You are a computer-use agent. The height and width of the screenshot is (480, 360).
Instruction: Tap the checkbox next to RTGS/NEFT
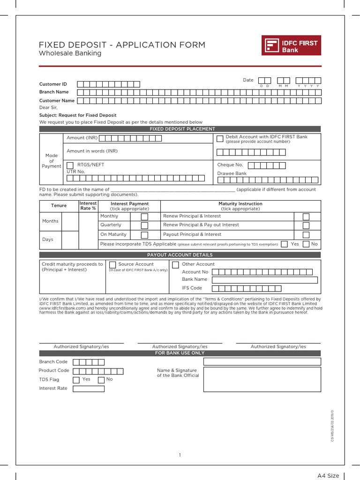coord(70,165)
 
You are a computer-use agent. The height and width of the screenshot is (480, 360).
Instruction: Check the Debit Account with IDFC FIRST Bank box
coord(220,138)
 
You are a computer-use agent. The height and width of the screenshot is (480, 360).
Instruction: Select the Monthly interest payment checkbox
coord(144,217)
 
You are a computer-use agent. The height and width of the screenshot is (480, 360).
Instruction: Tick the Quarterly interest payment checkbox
coord(144,225)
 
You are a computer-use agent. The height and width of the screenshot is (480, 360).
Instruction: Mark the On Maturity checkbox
coord(144,235)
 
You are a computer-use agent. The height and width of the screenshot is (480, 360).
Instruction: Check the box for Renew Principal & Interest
coord(306,217)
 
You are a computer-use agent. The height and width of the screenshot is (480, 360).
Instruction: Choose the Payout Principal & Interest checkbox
coord(306,235)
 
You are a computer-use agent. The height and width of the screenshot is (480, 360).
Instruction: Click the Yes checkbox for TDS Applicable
coord(284,244)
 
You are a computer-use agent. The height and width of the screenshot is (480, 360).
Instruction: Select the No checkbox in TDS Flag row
coord(101,380)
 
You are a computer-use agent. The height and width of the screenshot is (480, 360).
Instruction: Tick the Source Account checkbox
coord(112,265)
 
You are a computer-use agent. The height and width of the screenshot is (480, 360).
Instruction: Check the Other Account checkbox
coord(175,265)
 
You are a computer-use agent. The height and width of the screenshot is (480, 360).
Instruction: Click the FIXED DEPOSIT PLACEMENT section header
coord(180,129)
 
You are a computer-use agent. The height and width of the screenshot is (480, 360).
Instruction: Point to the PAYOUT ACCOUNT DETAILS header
coord(180,255)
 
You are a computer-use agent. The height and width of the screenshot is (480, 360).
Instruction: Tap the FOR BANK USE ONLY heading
coord(180,353)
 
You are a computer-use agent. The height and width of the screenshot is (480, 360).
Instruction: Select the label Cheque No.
coord(230,165)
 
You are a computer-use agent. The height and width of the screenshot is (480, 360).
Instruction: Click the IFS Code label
coord(192,288)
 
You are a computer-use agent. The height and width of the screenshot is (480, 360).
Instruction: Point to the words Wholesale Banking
coord(70,53)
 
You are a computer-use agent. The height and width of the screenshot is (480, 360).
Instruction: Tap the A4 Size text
coord(328,476)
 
